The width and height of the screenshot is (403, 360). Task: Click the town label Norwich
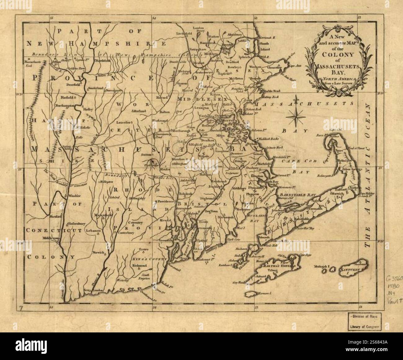point(98,252)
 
